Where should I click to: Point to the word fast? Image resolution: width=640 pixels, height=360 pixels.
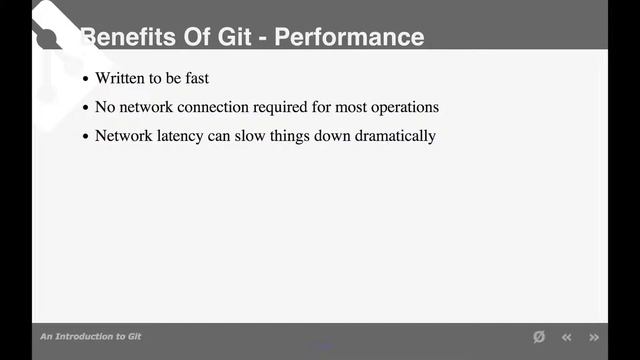[222, 78]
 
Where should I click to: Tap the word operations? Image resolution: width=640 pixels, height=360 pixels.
[403, 107]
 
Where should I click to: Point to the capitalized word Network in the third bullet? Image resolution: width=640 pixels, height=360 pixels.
[121, 136]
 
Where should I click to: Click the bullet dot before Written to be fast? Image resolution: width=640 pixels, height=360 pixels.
[86, 79]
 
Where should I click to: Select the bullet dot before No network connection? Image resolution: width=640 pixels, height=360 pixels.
[86, 108]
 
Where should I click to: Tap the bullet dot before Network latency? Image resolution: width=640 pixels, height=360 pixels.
[86, 137]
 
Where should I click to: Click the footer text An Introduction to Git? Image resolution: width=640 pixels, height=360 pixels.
[91, 337]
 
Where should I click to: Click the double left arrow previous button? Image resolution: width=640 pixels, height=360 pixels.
[567, 337]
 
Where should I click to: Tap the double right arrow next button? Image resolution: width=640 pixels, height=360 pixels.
[594, 337]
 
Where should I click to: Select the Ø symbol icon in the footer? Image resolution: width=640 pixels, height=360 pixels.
[539, 337]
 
